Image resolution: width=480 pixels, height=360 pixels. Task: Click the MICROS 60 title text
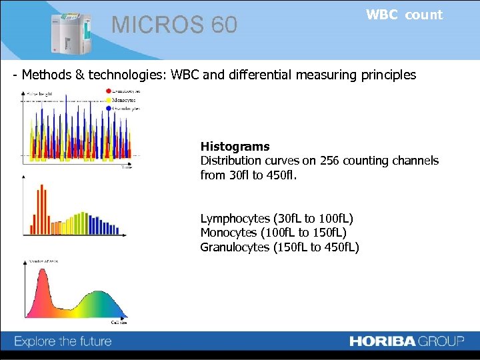coord(174,25)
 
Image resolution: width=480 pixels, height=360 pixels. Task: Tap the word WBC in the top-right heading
coord(382,15)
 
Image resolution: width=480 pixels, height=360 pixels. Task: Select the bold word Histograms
coord(235,147)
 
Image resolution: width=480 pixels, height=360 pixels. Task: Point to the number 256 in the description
coord(331,161)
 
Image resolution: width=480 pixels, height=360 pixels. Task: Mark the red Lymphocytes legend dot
coord(109,90)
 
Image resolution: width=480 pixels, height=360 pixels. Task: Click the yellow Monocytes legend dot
coord(109,99)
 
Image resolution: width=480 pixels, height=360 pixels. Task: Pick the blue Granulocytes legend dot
coord(109,108)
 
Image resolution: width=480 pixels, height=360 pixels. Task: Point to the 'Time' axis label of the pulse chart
coord(126,167)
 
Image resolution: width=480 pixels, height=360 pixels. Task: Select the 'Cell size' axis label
coord(119,323)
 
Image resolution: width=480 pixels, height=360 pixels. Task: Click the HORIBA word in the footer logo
coord(383,341)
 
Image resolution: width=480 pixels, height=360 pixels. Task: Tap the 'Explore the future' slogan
coord(63,342)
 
